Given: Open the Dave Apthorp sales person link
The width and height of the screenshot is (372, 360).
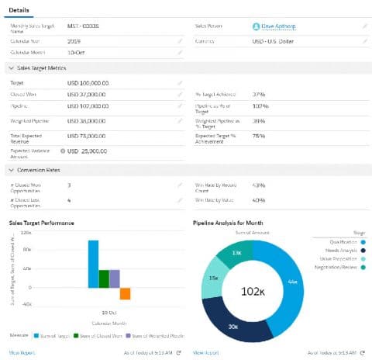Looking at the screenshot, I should pos(277,26).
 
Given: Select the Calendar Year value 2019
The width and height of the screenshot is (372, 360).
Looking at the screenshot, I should pos(74,40).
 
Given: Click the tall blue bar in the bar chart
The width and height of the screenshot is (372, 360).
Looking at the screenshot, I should pos(93,264).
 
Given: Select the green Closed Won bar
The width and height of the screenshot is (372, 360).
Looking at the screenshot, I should pos(104,279).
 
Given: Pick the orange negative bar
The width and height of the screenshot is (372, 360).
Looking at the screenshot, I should pos(125,293).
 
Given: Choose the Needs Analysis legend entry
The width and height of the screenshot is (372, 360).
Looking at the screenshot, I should pos(341,250).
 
